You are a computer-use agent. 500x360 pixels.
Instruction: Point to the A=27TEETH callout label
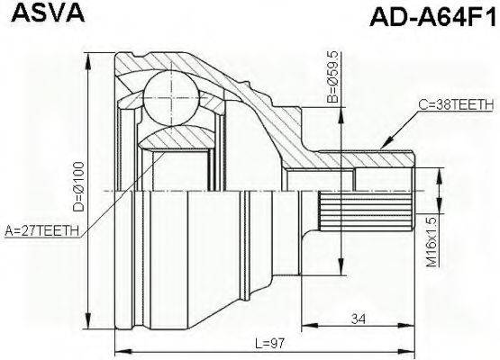pos(42,231)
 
